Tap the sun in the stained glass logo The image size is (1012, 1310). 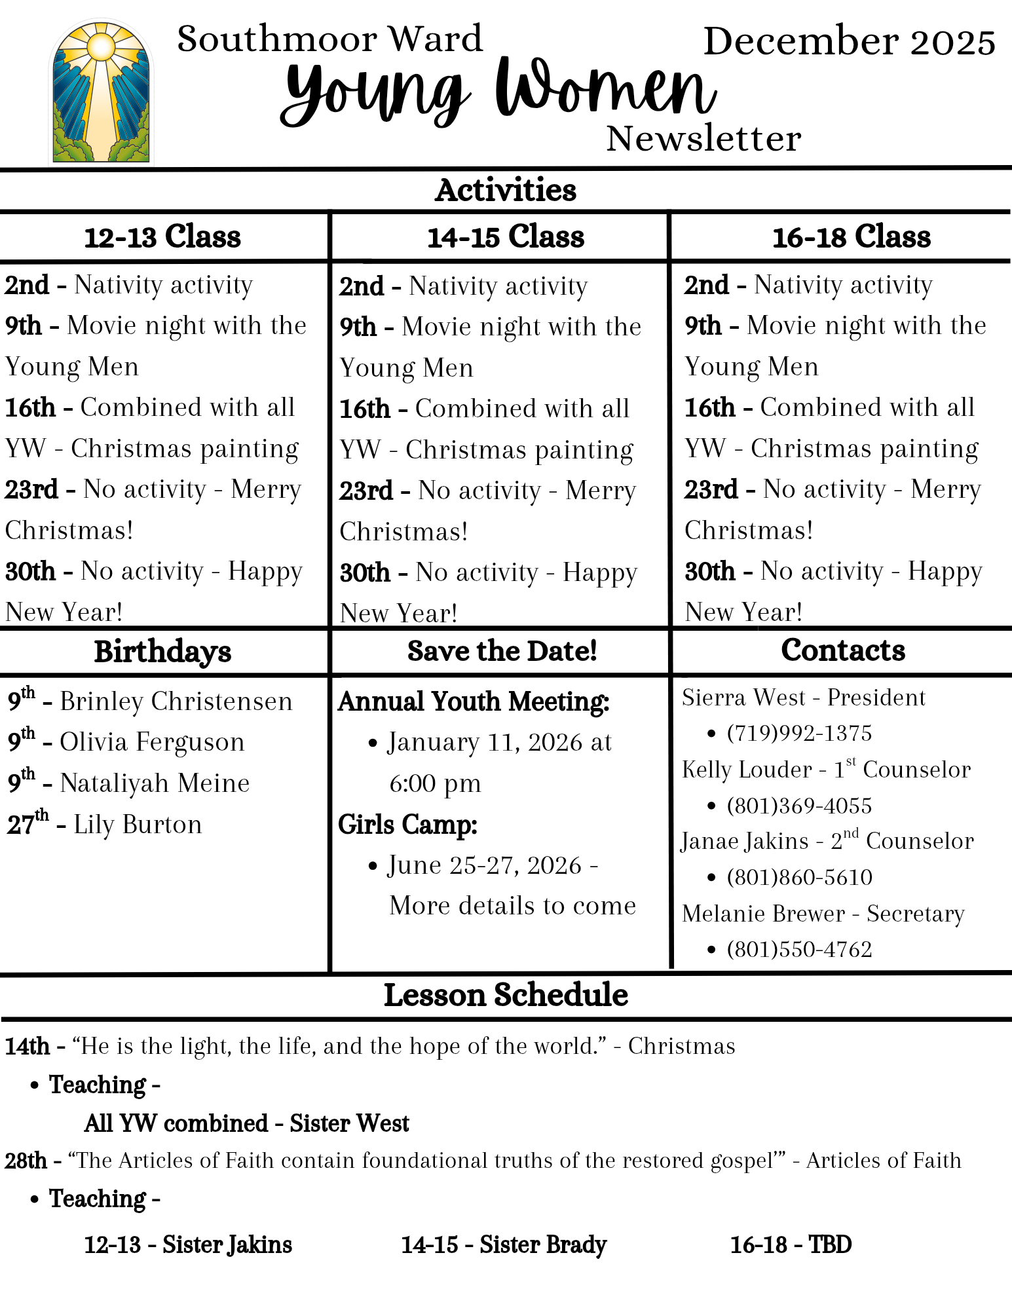[x=101, y=46]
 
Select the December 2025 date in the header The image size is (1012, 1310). [x=849, y=42]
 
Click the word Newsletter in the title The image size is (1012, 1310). [x=703, y=139]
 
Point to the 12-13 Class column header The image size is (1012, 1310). [x=162, y=237]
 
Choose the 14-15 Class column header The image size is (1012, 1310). [x=505, y=237]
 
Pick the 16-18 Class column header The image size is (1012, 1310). [x=851, y=237]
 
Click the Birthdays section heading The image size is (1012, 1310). [x=162, y=652]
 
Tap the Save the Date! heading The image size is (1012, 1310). [x=502, y=651]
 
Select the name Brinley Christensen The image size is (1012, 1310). [x=176, y=702]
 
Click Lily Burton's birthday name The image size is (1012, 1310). [x=138, y=825]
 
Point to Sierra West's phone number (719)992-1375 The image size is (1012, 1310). [x=799, y=734]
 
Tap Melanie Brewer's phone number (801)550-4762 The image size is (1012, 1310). [x=799, y=950]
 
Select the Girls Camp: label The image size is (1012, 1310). [x=407, y=825]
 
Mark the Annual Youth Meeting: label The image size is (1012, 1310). [x=474, y=702]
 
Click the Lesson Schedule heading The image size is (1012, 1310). [x=506, y=995]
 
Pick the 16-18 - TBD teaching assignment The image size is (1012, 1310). [x=791, y=1244]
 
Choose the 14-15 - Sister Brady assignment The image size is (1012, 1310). [x=504, y=1244]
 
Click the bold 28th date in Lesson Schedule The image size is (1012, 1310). [x=26, y=1161]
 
